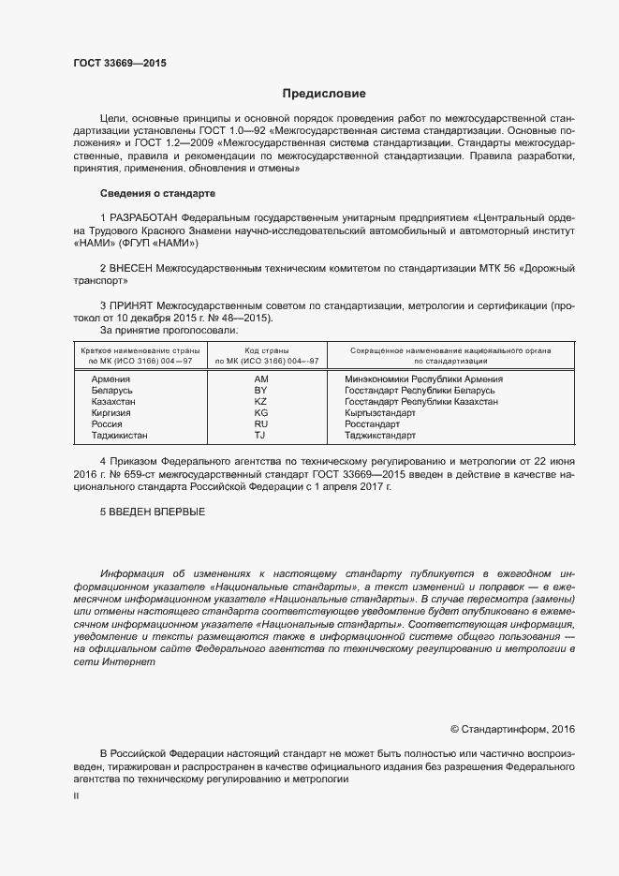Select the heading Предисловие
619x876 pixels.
(x=324, y=94)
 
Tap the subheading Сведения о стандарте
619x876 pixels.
(x=157, y=193)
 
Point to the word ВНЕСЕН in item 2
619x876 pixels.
(x=143, y=269)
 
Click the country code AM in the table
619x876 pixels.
(x=261, y=379)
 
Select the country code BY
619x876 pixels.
(x=261, y=391)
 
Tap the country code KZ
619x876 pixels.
(x=261, y=402)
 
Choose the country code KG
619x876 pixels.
(x=261, y=413)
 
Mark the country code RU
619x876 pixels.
(x=261, y=424)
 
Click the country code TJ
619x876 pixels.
(x=261, y=436)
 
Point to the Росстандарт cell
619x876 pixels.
(x=374, y=424)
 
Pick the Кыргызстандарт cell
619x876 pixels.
(x=381, y=413)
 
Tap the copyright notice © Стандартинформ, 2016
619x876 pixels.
(x=512, y=728)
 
